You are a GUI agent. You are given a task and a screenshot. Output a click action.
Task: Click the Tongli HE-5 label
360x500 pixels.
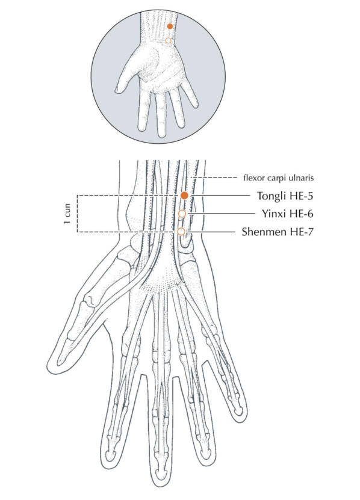point(285,196)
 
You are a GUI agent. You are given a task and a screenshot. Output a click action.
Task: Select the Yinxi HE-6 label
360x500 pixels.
point(288,214)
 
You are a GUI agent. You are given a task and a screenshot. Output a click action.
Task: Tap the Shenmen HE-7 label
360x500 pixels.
point(278,232)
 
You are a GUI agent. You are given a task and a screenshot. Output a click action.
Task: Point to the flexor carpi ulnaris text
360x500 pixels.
point(278,178)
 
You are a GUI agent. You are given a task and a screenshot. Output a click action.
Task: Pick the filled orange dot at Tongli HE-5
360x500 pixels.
point(184,196)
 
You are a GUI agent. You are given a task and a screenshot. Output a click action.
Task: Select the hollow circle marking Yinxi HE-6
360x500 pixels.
point(182,214)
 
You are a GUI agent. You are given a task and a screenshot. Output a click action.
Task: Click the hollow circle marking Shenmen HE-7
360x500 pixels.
point(181,232)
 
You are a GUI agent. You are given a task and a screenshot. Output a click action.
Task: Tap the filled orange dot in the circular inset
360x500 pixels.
point(170,26)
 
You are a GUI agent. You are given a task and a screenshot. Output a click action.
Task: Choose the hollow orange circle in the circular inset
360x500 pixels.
point(168,40)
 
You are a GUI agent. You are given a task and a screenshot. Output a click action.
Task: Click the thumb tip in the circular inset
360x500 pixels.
point(117,91)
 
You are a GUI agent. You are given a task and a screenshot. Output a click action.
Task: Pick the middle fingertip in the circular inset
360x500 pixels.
point(161,135)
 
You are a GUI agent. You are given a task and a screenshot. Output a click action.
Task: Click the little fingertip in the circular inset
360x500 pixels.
point(195,105)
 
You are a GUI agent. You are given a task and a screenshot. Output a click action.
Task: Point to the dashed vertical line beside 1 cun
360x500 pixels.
point(77,214)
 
